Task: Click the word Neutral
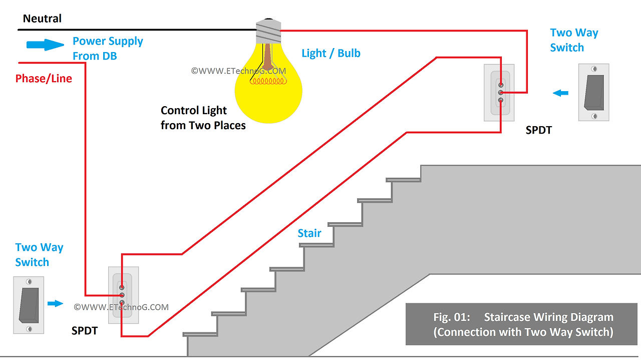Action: [42, 19]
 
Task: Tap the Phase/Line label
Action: [44, 79]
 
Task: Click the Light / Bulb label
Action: [331, 53]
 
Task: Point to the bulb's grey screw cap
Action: [268, 31]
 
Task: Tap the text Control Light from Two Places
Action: [203, 118]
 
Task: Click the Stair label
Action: [309, 233]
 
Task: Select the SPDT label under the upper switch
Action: [538, 130]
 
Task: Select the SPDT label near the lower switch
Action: [84, 331]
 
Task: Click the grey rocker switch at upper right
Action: [593, 92]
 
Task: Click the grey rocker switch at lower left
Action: [29, 305]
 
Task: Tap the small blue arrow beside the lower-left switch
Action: [55, 303]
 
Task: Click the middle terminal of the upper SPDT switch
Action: [500, 93]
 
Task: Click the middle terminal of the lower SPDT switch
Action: [122, 295]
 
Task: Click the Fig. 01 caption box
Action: [523, 324]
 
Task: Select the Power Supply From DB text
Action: [108, 49]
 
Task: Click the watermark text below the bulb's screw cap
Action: [238, 71]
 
